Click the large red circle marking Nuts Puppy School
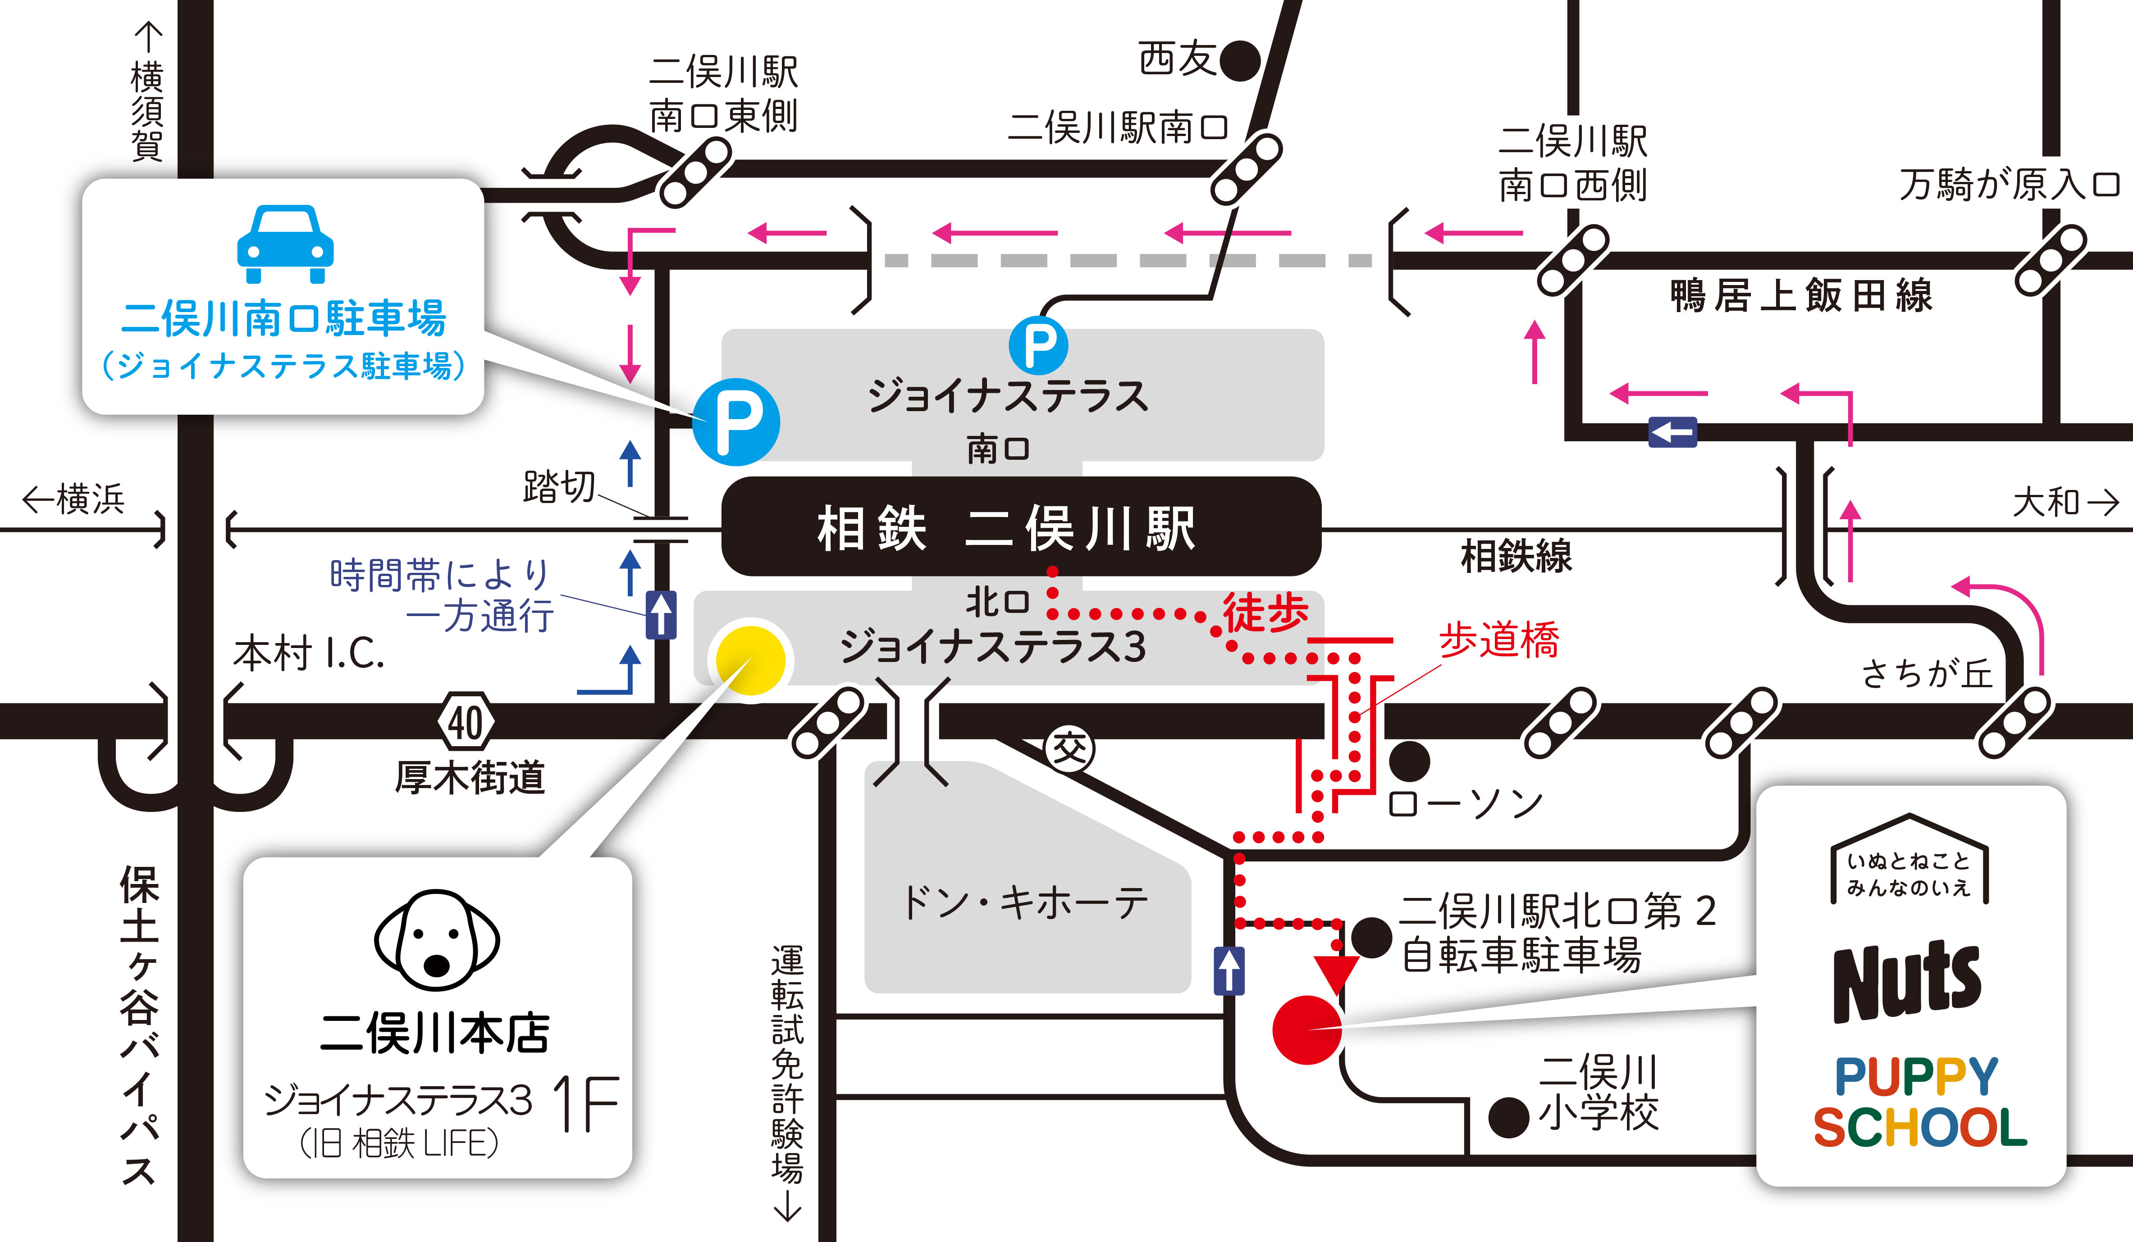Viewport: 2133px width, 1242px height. coord(1307,1029)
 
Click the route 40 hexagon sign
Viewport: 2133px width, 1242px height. coord(466,722)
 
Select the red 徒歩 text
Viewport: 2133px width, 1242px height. coord(1265,612)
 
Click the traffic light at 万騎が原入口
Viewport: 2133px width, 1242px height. coord(2050,260)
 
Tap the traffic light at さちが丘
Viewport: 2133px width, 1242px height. coord(2014,722)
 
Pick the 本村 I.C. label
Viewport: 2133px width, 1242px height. coord(309,654)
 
